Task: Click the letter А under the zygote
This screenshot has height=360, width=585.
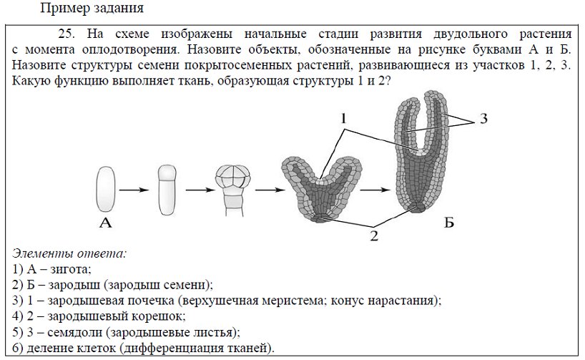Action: (x=106, y=223)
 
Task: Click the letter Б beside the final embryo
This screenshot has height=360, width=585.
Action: (x=449, y=223)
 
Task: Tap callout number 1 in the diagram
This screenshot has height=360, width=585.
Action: (x=343, y=119)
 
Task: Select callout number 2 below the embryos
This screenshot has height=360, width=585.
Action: (x=374, y=236)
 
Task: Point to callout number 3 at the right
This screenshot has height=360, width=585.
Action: (x=483, y=119)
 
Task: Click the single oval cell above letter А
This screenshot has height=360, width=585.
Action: (x=106, y=190)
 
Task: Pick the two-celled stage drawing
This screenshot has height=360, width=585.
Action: (x=167, y=190)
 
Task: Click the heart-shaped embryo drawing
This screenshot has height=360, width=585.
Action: (x=321, y=190)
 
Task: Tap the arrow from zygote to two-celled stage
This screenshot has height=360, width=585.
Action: (x=134, y=190)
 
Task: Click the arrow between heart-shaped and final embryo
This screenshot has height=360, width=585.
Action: (x=375, y=190)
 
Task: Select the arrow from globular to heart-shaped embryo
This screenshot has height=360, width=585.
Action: (x=270, y=190)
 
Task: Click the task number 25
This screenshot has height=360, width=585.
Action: (x=67, y=34)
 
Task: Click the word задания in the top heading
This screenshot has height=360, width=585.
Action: (x=121, y=8)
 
